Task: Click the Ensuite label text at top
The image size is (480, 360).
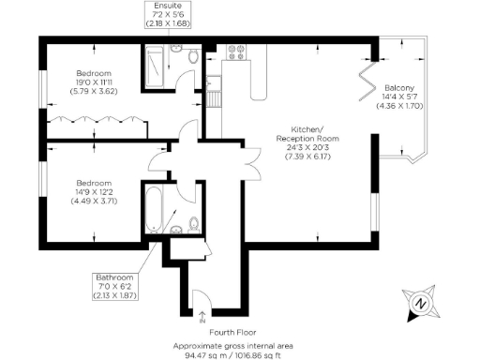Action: (x=170, y=6)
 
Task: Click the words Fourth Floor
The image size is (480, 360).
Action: (x=240, y=331)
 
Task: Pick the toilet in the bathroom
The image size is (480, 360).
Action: (x=191, y=222)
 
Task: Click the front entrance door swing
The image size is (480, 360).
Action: (x=200, y=299)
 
